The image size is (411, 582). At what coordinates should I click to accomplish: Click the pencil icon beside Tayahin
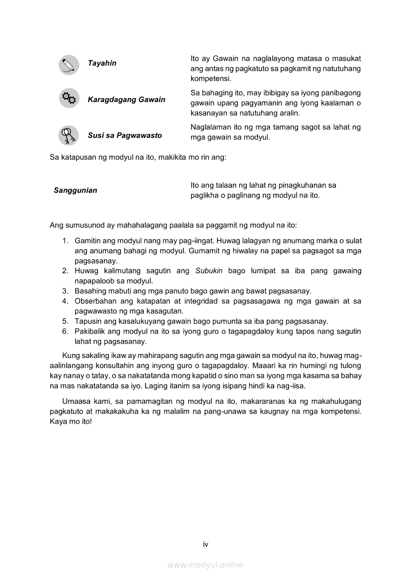[69, 65]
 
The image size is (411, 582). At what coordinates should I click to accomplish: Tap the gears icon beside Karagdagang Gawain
[69, 98]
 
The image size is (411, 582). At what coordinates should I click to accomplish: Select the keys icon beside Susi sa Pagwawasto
[68, 135]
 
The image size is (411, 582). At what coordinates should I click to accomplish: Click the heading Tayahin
[102, 63]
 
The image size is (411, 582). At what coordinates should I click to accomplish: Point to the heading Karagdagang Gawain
[126, 100]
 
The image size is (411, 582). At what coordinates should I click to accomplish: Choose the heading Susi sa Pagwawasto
[124, 135]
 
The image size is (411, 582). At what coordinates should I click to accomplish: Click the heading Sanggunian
[75, 190]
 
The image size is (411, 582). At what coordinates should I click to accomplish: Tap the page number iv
[205, 544]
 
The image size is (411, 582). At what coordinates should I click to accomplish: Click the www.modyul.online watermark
[205, 565]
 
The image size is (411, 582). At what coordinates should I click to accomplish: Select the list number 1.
[65, 241]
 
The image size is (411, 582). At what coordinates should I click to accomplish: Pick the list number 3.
[65, 291]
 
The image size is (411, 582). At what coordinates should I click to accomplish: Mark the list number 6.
[65, 332]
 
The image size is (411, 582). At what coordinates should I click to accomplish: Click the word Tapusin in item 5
[87, 322]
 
